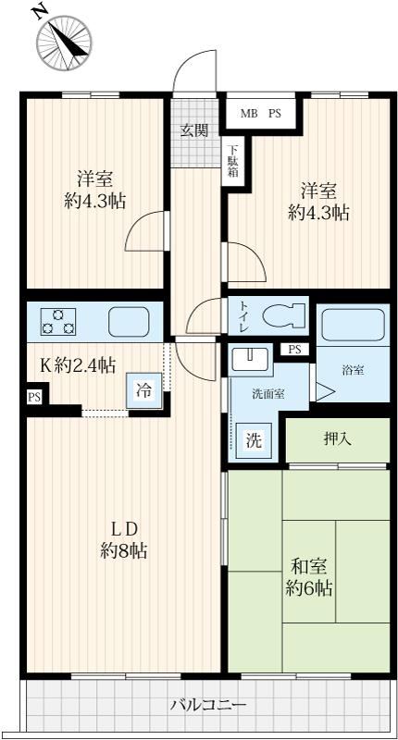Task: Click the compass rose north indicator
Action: coord(65,43)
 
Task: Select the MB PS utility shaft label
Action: coord(261,113)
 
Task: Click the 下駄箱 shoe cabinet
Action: coord(233,160)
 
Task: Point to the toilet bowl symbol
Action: coord(283,315)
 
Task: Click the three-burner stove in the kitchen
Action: coord(57,321)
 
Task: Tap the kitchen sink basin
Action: coord(129,321)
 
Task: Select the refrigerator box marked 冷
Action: coord(144,390)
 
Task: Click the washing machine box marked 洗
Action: coord(254,440)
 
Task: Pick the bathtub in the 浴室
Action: coord(354,327)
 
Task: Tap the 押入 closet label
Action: coord(338,439)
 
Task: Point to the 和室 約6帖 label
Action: coord(309,576)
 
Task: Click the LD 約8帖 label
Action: coord(123,540)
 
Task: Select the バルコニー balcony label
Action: coord(208,706)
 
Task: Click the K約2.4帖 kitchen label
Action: coord(77,364)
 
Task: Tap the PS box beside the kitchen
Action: coord(34,397)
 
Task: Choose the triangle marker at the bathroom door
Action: coord(325,391)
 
